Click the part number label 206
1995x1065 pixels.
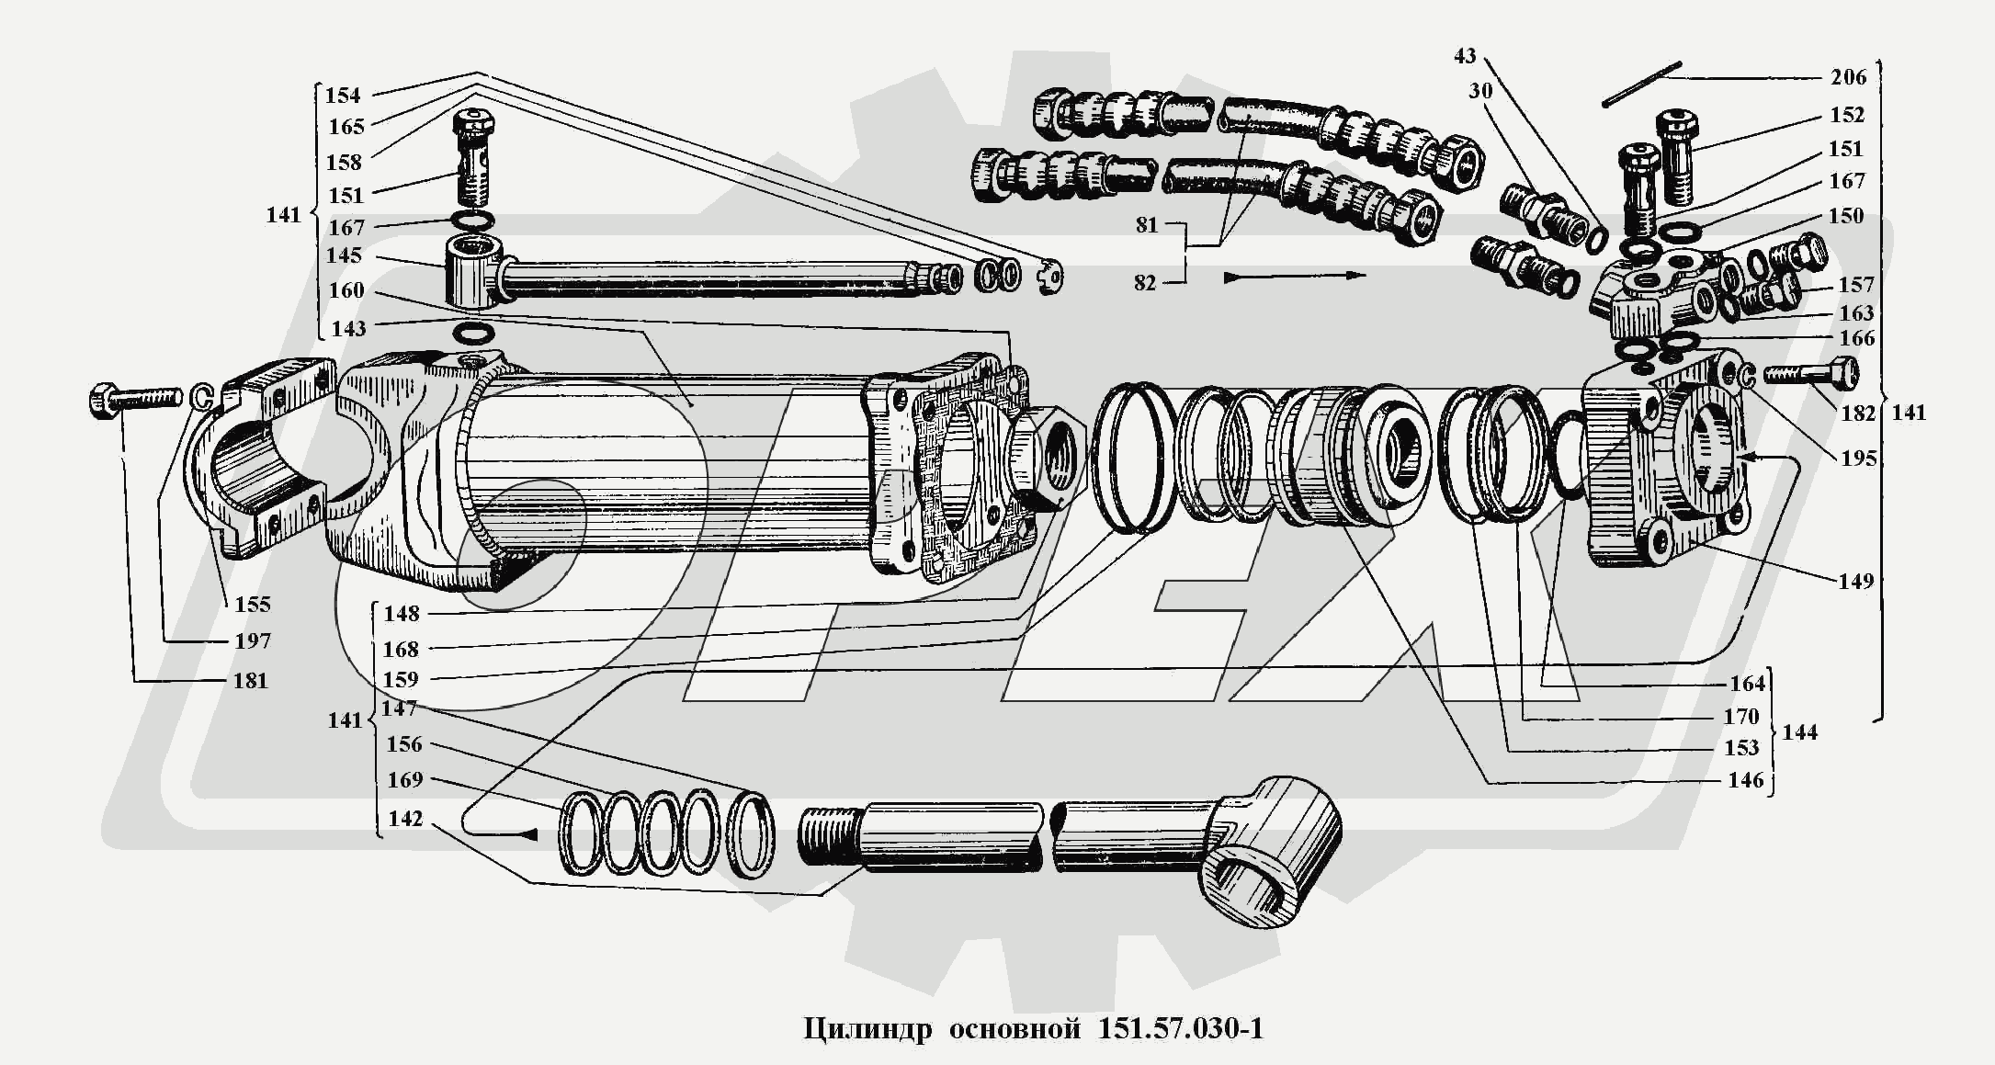tap(1848, 77)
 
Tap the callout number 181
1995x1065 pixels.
tap(250, 681)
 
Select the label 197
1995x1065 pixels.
tap(252, 641)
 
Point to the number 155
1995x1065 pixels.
tap(252, 604)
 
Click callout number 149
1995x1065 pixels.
tap(1855, 581)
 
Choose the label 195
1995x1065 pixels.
tap(1858, 458)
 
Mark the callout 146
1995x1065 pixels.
tap(1745, 780)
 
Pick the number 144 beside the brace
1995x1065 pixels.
tap(1799, 732)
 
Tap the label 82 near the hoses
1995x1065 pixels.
tap(1144, 283)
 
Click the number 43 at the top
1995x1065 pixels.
tap(1464, 56)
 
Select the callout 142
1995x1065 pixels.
tap(405, 819)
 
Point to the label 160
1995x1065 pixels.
tap(346, 290)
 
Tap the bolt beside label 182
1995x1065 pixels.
tap(1808, 373)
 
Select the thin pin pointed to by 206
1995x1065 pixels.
tap(1641, 84)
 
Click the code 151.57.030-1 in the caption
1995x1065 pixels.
tap(1180, 1027)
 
